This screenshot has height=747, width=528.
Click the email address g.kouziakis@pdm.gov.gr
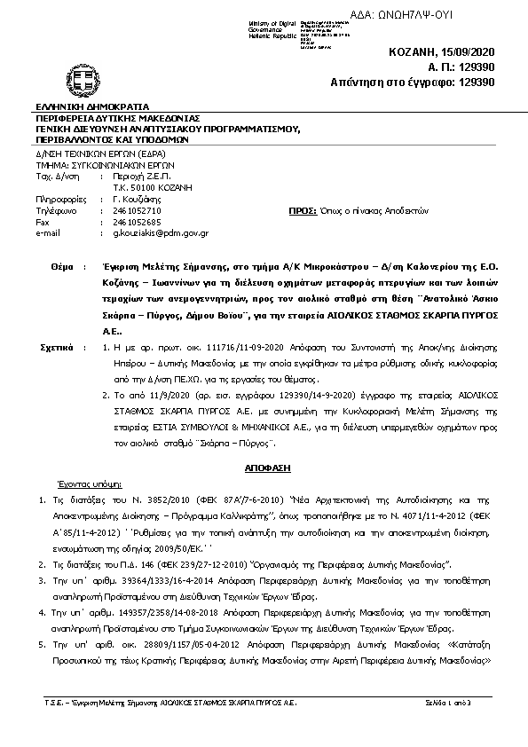pyautogui.click(x=160, y=232)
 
